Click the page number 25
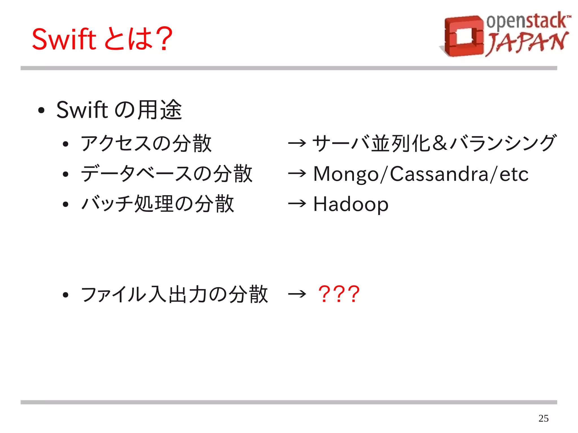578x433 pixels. click(x=543, y=418)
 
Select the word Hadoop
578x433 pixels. click(x=351, y=204)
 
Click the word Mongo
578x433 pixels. click(x=346, y=174)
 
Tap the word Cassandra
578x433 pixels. click(x=439, y=174)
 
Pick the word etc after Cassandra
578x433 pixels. click(x=514, y=174)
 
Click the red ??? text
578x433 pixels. click(x=339, y=294)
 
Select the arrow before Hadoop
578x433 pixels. click(x=297, y=204)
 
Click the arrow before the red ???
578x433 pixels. click(x=297, y=294)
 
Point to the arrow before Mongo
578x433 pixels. click(x=297, y=173)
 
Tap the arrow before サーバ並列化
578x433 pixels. click(x=297, y=143)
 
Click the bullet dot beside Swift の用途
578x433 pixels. click(x=41, y=110)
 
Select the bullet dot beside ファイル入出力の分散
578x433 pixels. click(x=65, y=295)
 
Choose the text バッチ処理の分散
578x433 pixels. click(x=157, y=204)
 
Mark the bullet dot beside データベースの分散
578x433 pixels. click(x=65, y=174)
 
